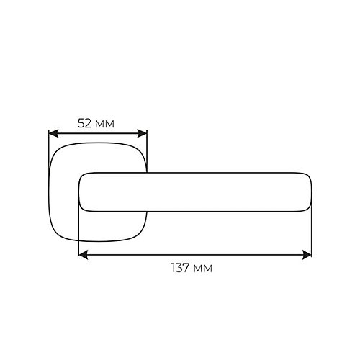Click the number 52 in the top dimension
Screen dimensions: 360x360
click(84, 123)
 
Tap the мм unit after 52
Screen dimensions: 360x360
click(104, 125)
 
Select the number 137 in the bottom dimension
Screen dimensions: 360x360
click(181, 268)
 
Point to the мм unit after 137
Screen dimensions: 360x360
click(203, 269)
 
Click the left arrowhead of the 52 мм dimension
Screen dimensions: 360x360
click(53, 133)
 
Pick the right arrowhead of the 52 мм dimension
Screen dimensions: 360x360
click(142, 133)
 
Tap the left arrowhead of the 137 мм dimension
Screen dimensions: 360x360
click(84, 255)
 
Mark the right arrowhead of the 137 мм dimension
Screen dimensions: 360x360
click(307, 255)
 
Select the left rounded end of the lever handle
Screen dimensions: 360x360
click(80, 192)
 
